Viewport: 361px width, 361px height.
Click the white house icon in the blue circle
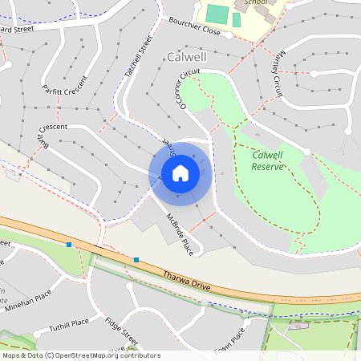[180, 172]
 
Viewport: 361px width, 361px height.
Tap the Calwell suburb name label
[188, 57]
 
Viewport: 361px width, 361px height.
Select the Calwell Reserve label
[269, 160]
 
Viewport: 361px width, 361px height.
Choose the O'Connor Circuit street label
[189, 88]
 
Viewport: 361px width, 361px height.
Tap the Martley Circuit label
[273, 77]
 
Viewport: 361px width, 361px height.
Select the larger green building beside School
[217, 14]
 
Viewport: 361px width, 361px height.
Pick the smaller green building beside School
[237, 19]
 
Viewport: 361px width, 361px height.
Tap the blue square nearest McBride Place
[137, 260]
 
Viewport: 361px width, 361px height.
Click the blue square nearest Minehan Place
[69, 244]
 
